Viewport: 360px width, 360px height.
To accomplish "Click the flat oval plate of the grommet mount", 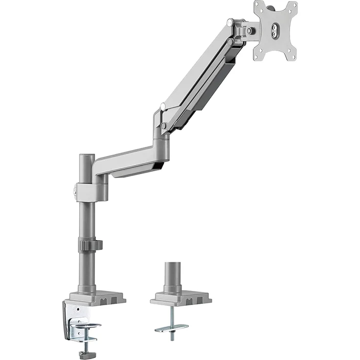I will pos(172,326).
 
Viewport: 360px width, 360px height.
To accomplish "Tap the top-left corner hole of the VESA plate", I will pos(258,6).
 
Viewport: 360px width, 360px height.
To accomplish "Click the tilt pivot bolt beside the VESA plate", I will pos(250,30).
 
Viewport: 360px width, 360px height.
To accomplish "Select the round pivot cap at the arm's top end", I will pos(230,22).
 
